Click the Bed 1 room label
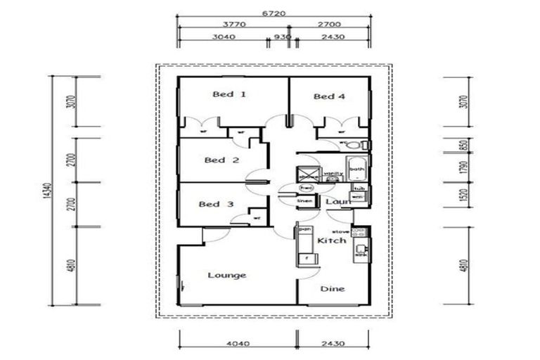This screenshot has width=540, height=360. point(229,94)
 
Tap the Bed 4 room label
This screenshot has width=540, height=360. point(328,96)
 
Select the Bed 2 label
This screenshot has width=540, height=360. point(221,160)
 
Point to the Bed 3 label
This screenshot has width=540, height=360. point(216,205)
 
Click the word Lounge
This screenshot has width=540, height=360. point(227,275)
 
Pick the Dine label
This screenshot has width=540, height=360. point(332,288)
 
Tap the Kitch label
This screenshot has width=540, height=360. point(331,240)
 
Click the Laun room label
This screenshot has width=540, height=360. point(337,202)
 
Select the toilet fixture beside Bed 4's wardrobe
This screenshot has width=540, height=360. point(355,145)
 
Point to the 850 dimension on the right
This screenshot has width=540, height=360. point(462,145)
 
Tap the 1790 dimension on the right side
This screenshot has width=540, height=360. point(462,169)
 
